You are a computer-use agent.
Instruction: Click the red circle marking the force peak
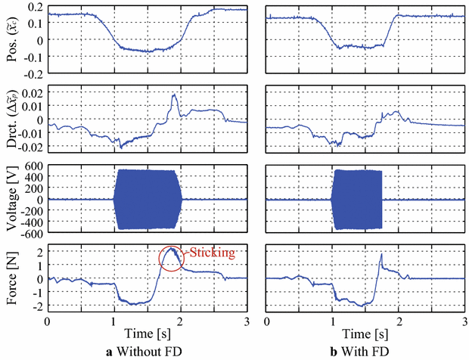(172, 258)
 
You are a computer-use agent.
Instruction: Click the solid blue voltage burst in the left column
(148, 199)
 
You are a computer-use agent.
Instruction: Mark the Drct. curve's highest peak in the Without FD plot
(175, 95)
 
